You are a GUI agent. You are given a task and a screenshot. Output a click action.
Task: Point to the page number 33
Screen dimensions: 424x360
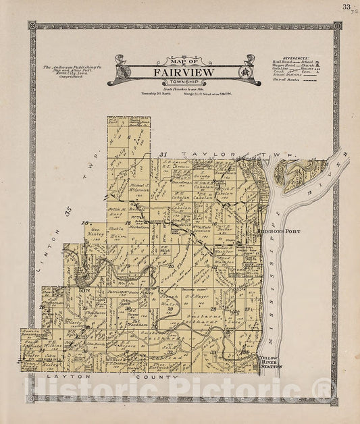click(x=346, y=7)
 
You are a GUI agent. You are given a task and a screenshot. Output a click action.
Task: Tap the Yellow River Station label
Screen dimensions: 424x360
click(x=269, y=363)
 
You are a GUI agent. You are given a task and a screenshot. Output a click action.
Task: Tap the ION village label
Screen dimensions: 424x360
click(x=84, y=290)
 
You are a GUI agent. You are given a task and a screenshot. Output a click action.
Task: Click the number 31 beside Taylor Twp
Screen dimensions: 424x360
click(x=163, y=155)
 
